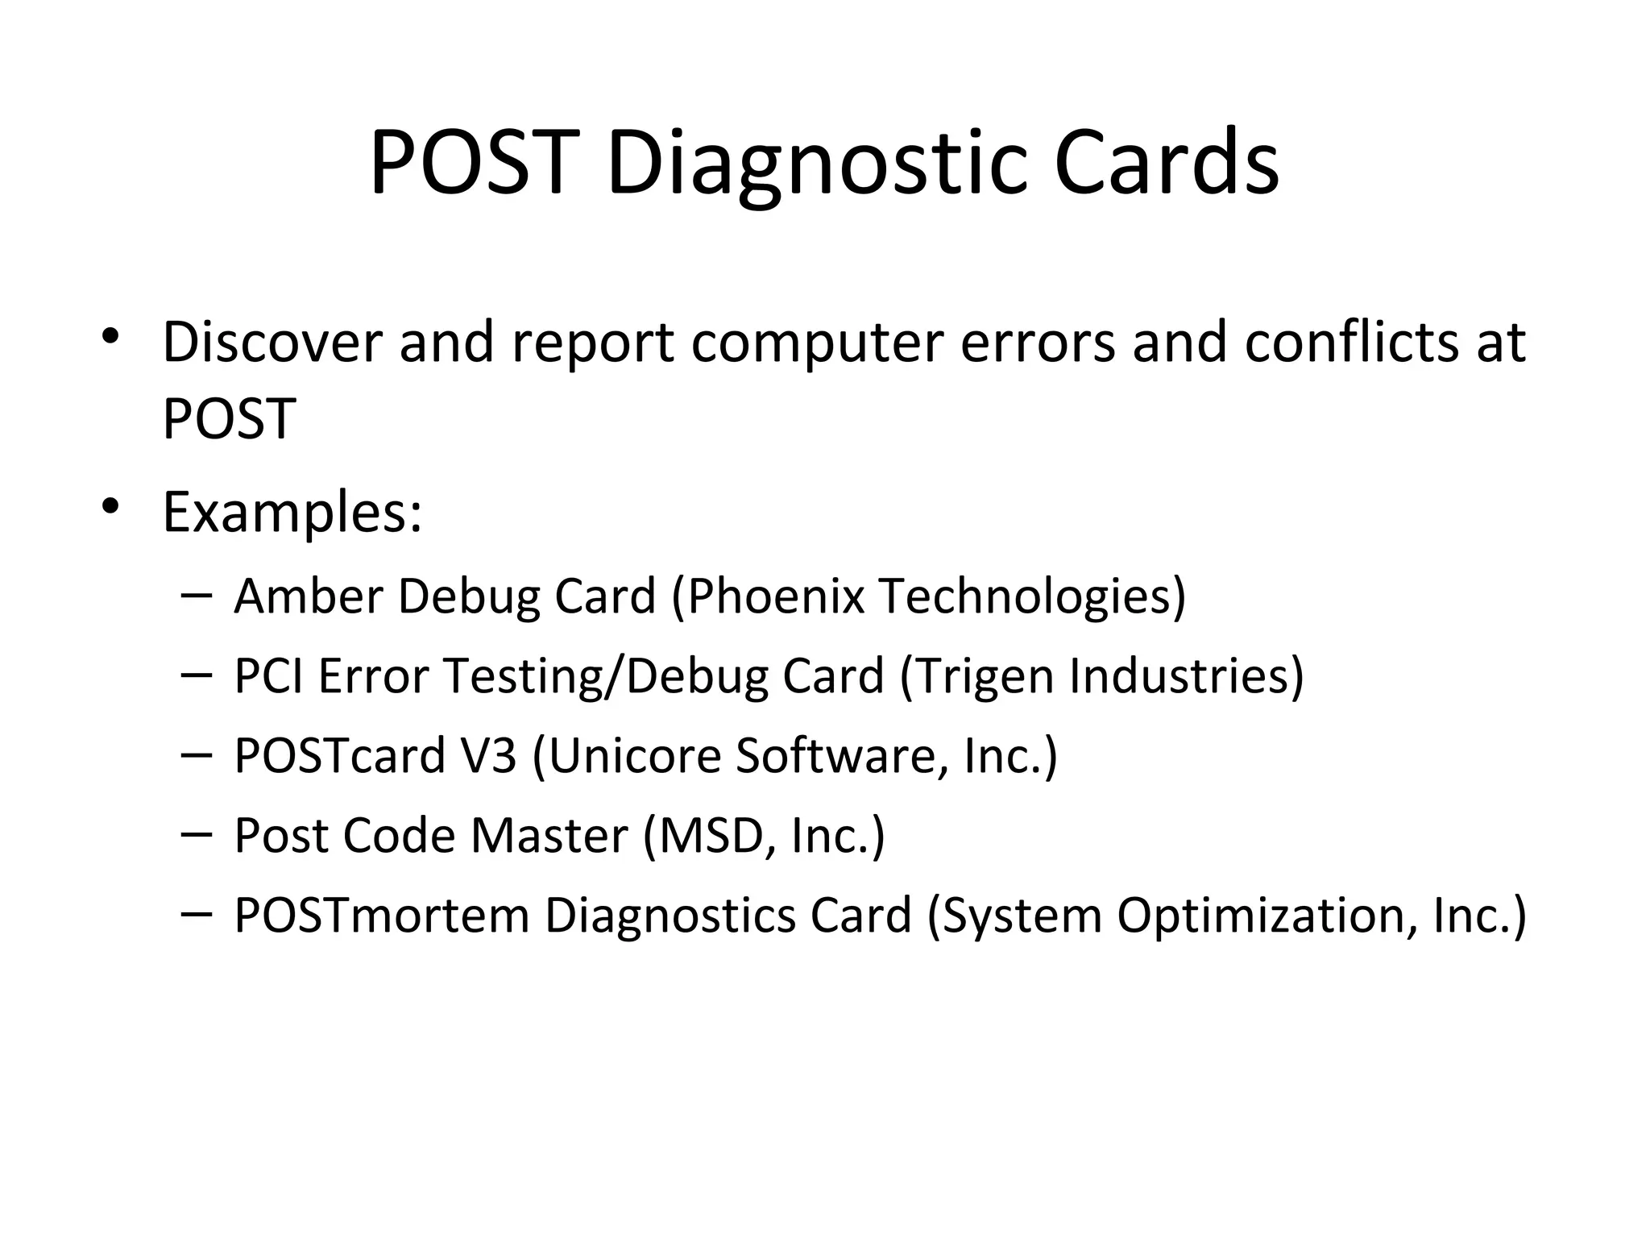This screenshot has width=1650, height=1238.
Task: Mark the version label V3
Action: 487,756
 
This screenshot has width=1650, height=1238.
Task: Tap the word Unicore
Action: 633,756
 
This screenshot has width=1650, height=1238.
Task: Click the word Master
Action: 549,836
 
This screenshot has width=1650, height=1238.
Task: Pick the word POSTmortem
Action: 381,916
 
